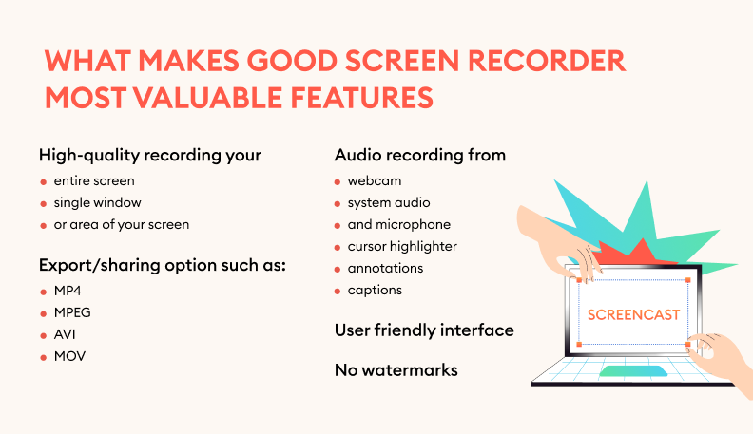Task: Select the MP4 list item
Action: (67, 291)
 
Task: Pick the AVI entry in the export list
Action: (65, 334)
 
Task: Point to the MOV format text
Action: (68, 357)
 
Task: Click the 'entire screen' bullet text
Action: (94, 180)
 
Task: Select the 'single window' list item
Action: (97, 202)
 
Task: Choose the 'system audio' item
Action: (389, 202)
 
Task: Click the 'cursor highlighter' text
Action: (402, 246)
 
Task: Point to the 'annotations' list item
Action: (385, 268)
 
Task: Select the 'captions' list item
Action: (375, 290)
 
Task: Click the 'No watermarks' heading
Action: (396, 369)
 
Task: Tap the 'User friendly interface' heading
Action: (424, 330)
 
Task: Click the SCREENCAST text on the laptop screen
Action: (634, 314)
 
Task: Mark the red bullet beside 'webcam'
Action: (338, 181)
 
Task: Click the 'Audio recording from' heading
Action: (419, 154)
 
